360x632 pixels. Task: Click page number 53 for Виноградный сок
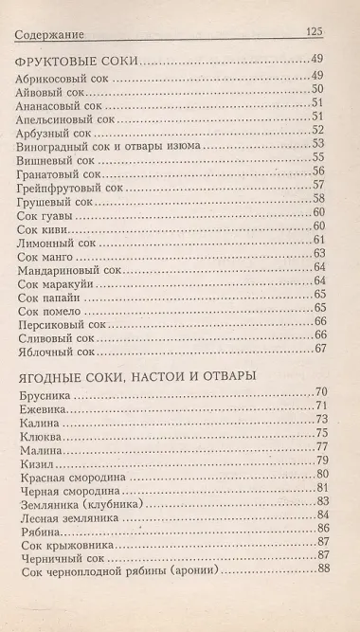pos(318,144)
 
